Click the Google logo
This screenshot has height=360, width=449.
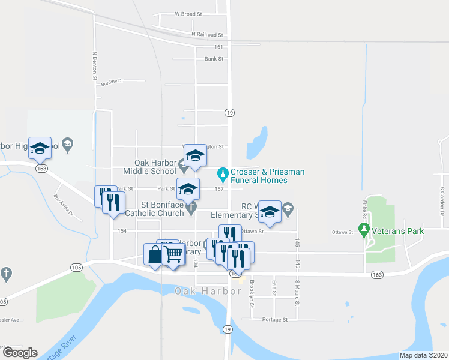(x=20, y=353)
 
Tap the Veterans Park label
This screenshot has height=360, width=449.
(x=398, y=231)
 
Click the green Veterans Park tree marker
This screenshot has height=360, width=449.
(x=363, y=229)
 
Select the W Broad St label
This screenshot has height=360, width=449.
(x=188, y=13)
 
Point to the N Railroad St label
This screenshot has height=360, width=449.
(x=207, y=35)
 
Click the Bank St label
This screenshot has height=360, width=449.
(x=214, y=59)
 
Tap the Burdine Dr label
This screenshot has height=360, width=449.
(x=112, y=81)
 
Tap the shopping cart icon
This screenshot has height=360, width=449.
(x=173, y=254)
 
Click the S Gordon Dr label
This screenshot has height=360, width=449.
(x=441, y=201)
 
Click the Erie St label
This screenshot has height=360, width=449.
(x=274, y=289)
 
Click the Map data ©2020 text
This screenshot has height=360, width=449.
(x=423, y=355)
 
